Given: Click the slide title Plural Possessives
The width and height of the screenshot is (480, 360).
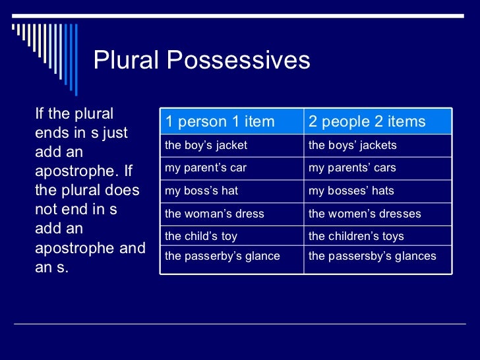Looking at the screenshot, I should pyautogui.click(x=201, y=61).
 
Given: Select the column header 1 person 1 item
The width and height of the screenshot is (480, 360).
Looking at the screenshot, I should pyautogui.click(x=220, y=121).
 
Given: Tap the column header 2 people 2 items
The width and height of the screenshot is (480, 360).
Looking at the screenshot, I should pyautogui.click(x=367, y=121).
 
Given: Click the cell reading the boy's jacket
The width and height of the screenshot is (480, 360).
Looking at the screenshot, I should pyautogui.click(x=206, y=145).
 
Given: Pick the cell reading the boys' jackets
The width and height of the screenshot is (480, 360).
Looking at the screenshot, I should pyautogui.click(x=352, y=145).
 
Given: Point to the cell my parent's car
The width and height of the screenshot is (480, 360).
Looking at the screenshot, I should pyautogui.click(x=205, y=167).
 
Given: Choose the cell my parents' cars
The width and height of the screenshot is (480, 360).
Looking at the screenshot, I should pyautogui.click(x=352, y=167).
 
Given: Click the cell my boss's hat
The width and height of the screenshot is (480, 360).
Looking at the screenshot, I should pyautogui.click(x=201, y=191).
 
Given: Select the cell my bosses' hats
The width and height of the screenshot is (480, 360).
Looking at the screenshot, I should pyautogui.click(x=351, y=191).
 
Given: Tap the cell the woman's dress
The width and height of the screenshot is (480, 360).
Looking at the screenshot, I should pyautogui.click(x=214, y=214).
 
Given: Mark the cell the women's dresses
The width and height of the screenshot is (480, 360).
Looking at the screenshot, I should pyautogui.click(x=364, y=214).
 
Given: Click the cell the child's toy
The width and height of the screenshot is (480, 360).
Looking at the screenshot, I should pyautogui.click(x=200, y=236).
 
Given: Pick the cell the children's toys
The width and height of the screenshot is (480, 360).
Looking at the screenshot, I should pyautogui.click(x=356, y=236).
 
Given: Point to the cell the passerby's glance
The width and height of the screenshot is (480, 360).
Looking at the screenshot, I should pyautogui.click(x=222, y=256).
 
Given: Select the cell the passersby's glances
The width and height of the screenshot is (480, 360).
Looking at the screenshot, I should pyautogui.click(x=372, y=256).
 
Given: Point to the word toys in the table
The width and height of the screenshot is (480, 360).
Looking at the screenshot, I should pyautogui.click(x=392, y=236).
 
